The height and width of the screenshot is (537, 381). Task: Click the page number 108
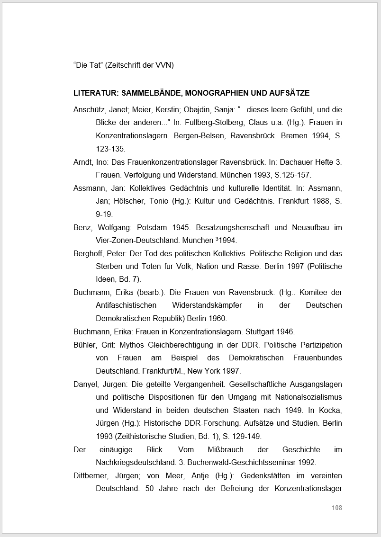(337, 508)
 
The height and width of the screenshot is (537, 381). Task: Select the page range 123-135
(110, 149)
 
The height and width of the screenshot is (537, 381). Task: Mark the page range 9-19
(104, 214)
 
